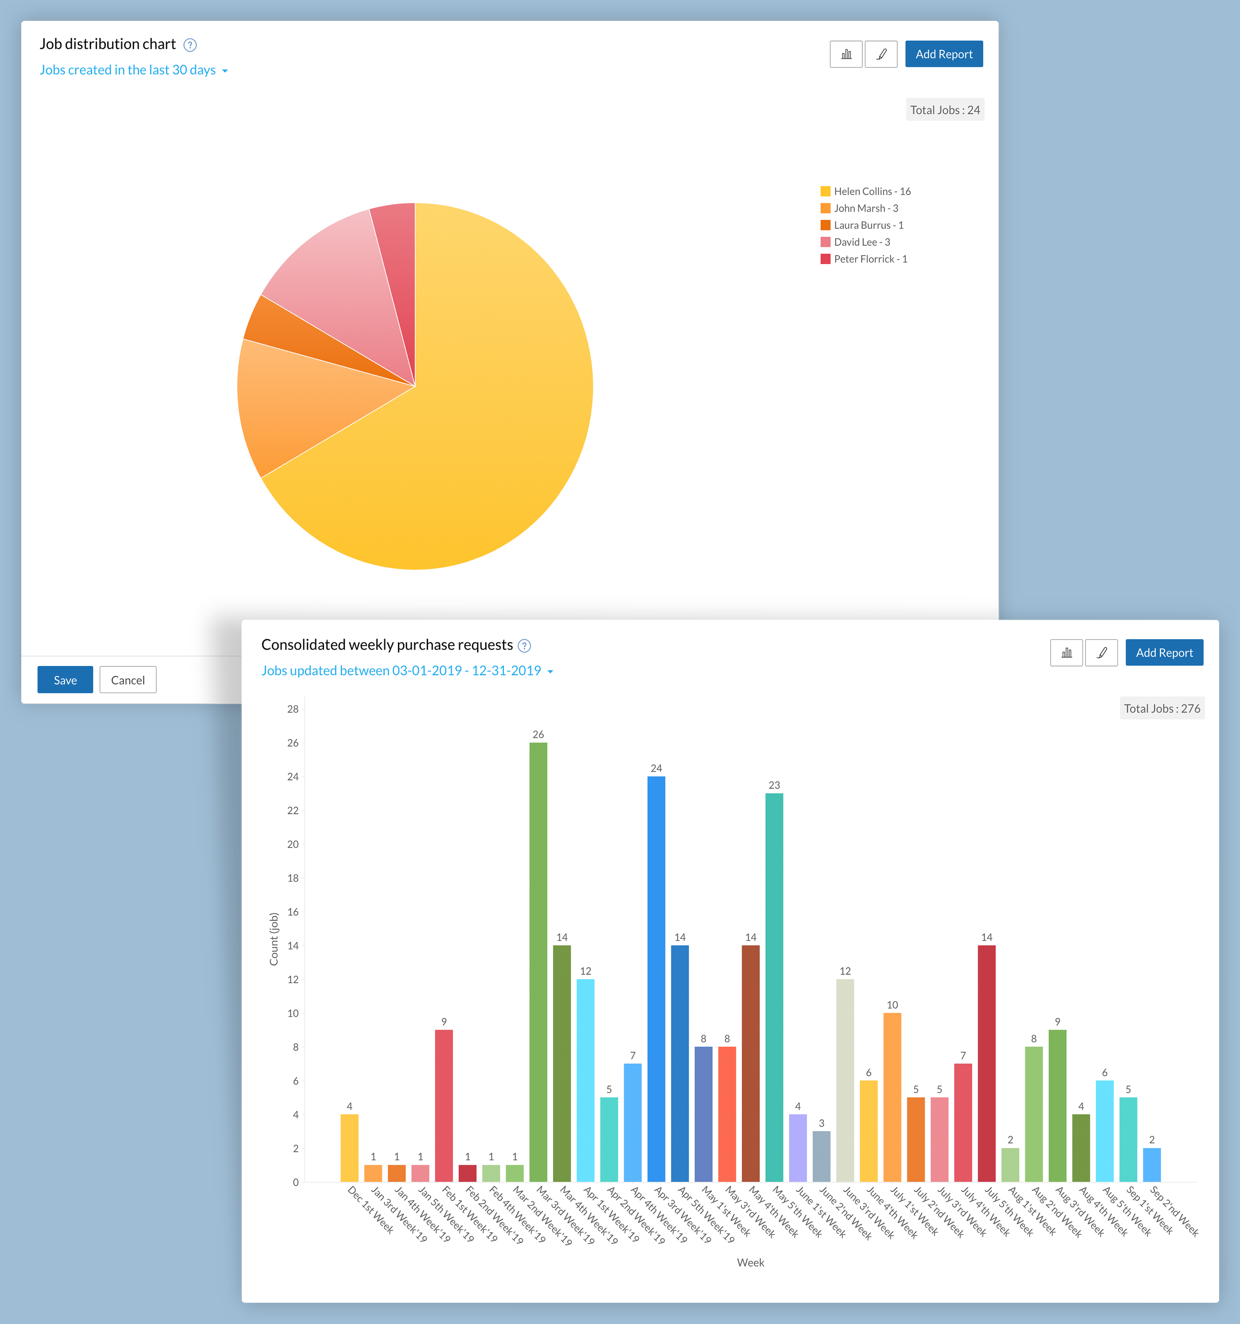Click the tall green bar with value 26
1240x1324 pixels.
pyautogui.click(x=538, y=959)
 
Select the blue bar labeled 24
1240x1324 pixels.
pyautogui.click(x=656, y=979)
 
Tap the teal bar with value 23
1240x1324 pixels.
pyautogui.click(x=774, y=986)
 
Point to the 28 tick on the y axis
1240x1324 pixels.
pyautogui.click(x=293, y=709)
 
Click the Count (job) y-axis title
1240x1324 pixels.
pyautogui.click(x=274, y=939)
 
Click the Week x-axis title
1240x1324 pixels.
pyautogui.click(x=751, y=1263)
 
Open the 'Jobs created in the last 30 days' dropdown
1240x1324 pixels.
pyautogui.click(x=133, y=70)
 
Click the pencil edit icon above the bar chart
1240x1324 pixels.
pyautogui.click(x=1101, y=653)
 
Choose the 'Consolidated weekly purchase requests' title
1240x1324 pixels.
pyautogui.click(x=387, y=645)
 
